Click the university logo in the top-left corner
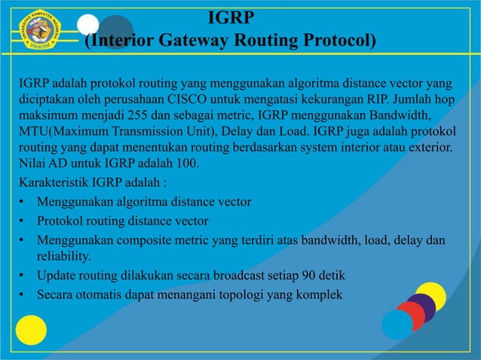point(38,29)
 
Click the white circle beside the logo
point(88,25)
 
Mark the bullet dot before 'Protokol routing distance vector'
point(24,222)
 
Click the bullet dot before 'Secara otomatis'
point(24,294)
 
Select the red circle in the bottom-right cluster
point(410,316)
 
